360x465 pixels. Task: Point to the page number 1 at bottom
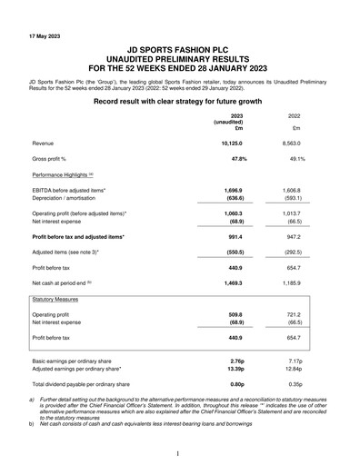[180, 451]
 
